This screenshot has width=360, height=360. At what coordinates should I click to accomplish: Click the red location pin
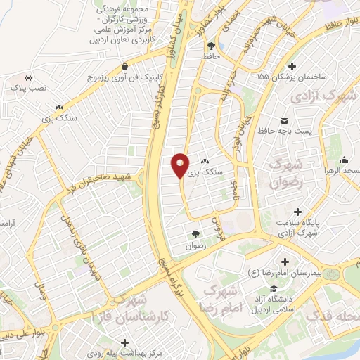[180, 165]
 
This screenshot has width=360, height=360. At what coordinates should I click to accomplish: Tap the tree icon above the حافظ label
[212, 44]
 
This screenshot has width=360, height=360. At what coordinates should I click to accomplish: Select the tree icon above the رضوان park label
[195, 234]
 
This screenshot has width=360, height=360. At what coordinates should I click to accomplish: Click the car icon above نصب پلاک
[27, 77]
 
